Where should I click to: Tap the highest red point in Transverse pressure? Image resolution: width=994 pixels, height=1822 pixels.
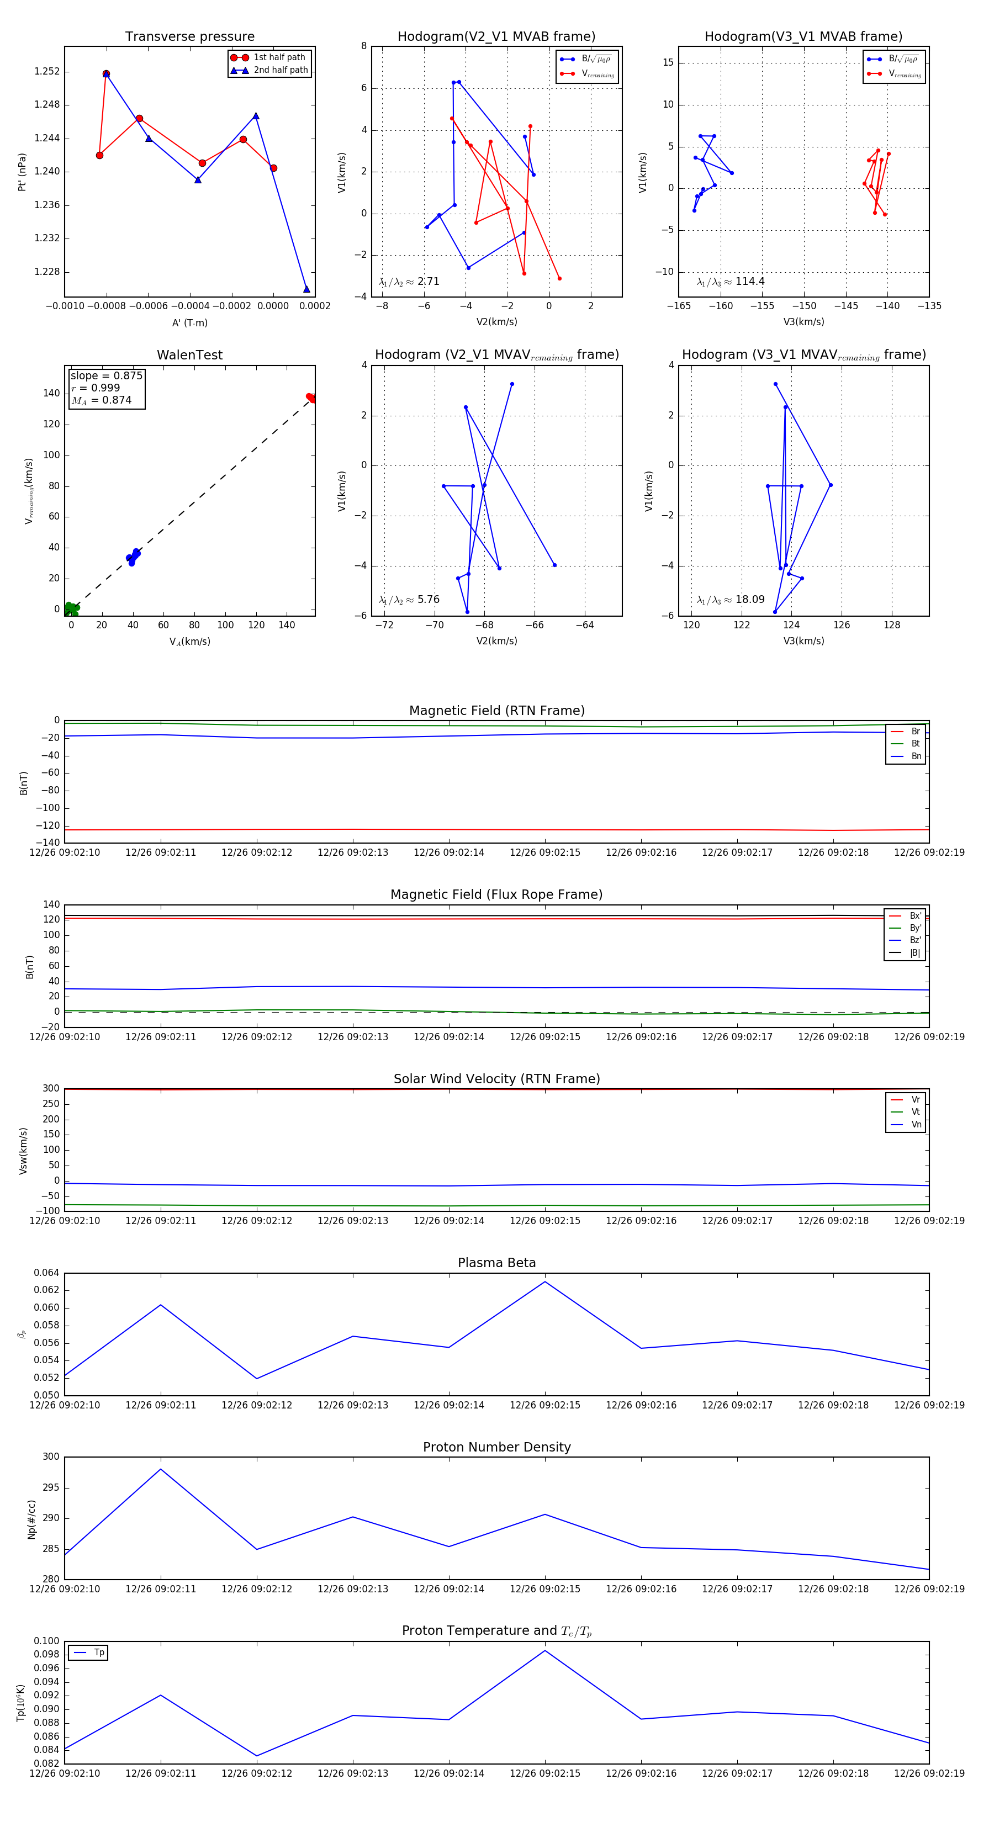pos(106,73)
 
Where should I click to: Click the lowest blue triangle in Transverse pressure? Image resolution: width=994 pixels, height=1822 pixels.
pos(306,289)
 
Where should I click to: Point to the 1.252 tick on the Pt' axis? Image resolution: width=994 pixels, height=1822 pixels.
pos(47,71)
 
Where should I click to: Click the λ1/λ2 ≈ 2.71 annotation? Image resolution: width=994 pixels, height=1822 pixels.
pos(409,282)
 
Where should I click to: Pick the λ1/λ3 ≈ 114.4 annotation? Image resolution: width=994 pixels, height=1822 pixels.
pos(730,282)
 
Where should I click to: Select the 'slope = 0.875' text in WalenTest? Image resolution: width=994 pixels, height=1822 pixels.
pos(106,375)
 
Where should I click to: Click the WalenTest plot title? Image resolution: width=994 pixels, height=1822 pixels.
pos(189,355)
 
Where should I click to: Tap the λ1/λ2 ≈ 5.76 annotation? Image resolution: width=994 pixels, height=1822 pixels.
pos(409,600)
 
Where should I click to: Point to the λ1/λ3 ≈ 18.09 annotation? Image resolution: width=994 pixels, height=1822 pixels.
pos(730,600)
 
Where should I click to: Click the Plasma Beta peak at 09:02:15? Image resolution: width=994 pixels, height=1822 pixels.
pos(544,1281)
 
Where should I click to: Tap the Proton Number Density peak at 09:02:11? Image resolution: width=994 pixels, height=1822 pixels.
pos(161,1469)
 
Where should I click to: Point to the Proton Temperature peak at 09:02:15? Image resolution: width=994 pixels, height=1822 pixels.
pos(544,1651)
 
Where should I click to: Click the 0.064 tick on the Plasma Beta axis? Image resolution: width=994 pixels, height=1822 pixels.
pos(47,1273)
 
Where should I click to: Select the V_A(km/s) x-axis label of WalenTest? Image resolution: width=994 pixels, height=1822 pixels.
pos(189,642)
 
